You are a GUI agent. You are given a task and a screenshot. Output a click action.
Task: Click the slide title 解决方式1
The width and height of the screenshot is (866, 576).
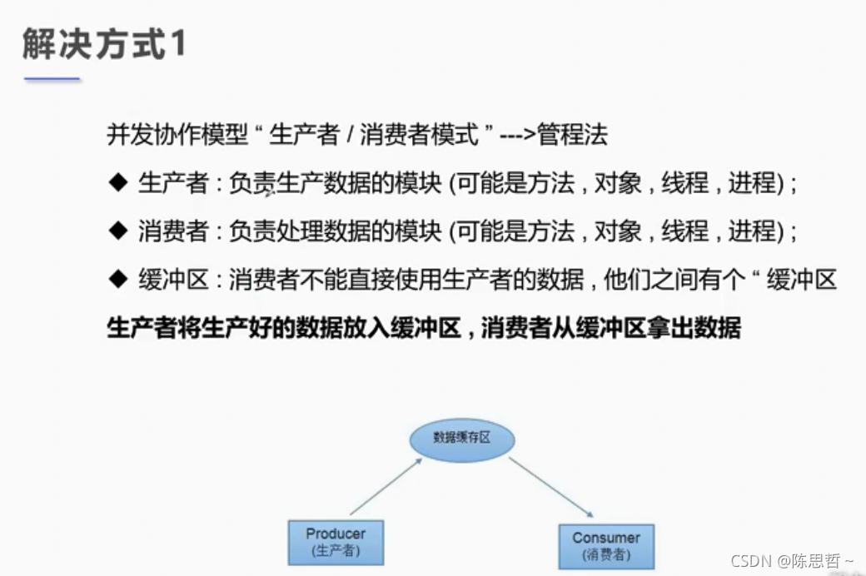tap(103, 44)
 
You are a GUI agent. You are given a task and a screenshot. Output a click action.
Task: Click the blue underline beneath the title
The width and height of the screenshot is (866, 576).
tap(52, 79)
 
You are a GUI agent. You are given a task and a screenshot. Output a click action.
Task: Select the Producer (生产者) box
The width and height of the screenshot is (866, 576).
tap(336, 542)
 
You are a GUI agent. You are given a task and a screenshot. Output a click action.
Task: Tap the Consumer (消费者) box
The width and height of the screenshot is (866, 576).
tap(606, 546)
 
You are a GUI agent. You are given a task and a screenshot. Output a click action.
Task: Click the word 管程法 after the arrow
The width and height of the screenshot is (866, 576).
tap(573, 135)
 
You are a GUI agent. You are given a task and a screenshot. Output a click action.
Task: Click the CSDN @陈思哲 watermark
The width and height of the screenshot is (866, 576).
tap(791, 561)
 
